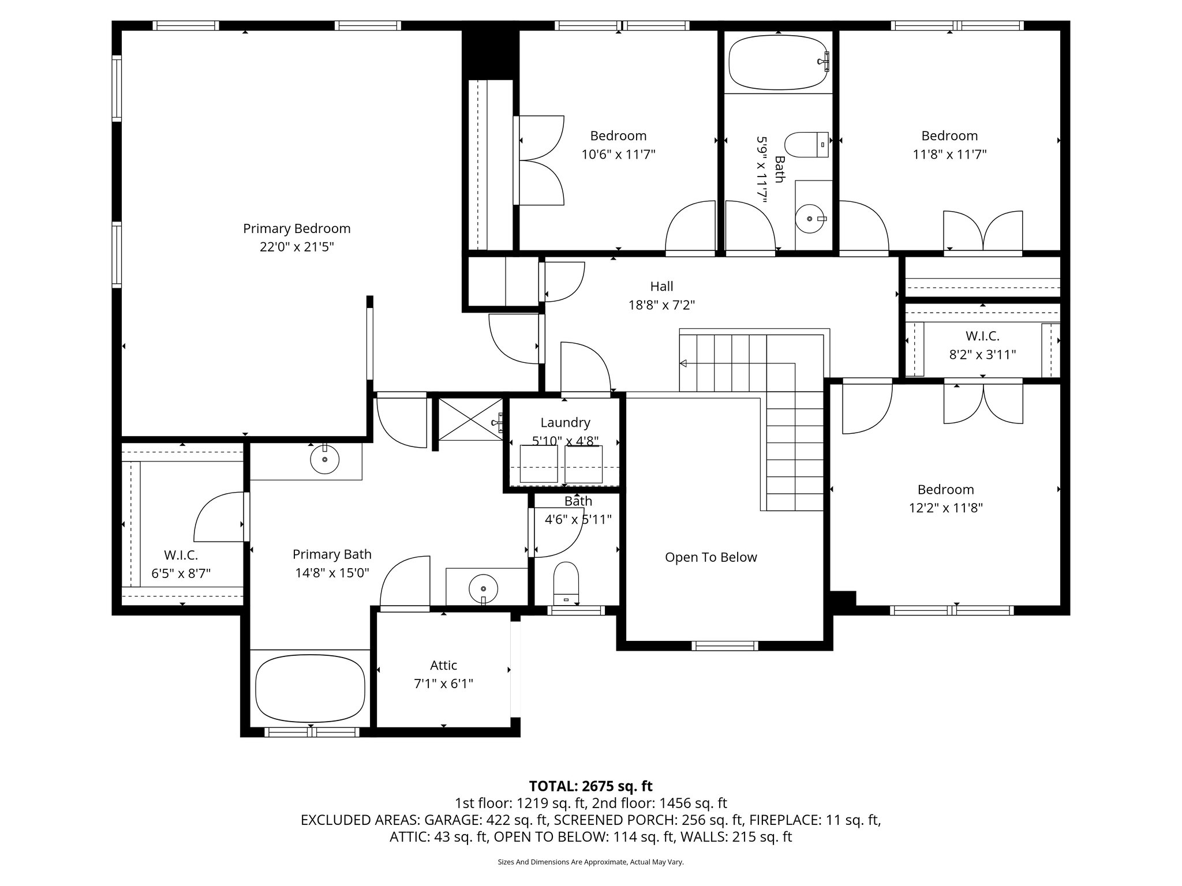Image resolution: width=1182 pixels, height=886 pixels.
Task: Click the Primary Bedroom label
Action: click(x=297, y=228)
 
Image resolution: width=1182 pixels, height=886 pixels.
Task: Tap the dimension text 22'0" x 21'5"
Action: click(x=297, y=247)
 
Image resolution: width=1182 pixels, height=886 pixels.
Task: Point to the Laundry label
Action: click(x=565, y=423)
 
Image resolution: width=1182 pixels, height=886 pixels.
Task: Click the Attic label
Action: click(x=443, y=665)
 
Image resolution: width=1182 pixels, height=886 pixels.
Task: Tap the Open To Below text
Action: click(x=710, y=557)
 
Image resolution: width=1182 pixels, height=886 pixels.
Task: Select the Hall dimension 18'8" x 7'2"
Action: click(x=661, y=305)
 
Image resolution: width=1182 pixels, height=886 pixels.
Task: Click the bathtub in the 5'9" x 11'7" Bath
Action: click(x=779, y=62)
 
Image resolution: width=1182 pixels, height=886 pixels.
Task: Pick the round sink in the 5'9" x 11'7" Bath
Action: click(x=810, y=219)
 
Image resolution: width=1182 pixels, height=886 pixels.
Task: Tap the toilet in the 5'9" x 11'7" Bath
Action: click(x=805, y=145)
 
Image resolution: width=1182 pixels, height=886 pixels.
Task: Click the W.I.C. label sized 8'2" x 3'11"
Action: click(x=982, y=336)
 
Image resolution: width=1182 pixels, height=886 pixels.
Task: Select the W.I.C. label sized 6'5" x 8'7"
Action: click(x=181, y=555)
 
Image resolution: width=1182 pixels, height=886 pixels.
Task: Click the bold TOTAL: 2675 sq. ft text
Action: click(x=590, y=786)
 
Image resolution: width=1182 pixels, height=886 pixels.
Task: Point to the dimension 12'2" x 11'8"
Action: click(x=945, y=508)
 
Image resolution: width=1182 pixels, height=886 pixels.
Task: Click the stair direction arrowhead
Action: click(x=683, y=363)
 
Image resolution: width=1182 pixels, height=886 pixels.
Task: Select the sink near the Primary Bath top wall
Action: click(x=324, y=459)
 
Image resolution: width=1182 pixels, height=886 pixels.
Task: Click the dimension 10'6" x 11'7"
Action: click(x=618, y=155)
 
